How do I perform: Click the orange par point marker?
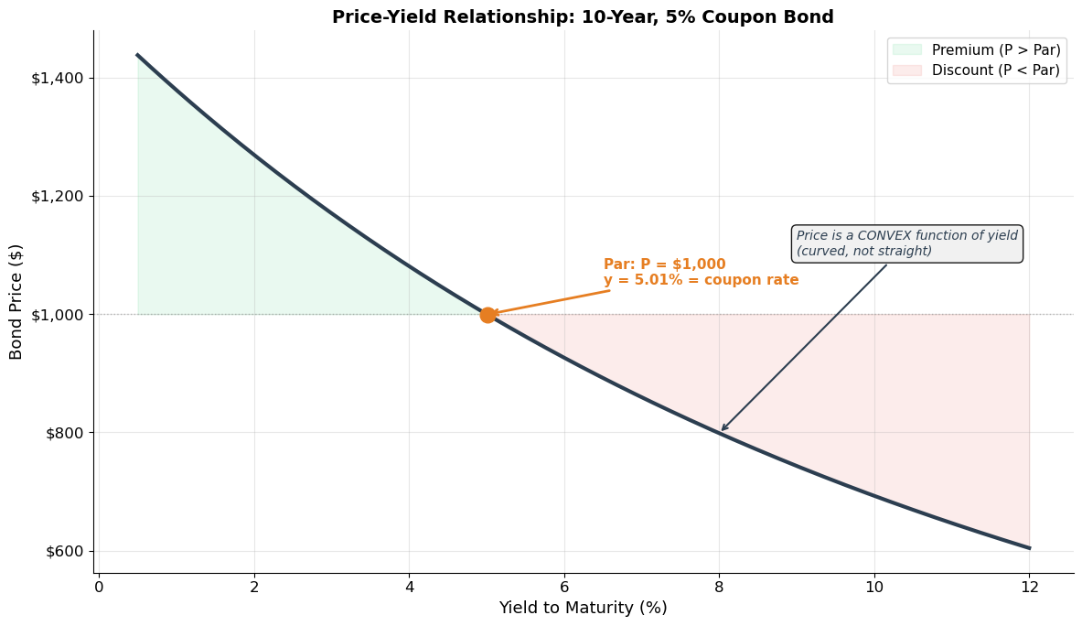pyautogui.click(x=487, y=315)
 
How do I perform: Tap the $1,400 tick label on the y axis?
pyautogui.click(x=57, y=78)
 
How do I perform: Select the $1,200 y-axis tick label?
pyautogui.click(x=57, y=196)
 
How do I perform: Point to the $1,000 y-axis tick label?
pyautogui.click(x=57, y=315)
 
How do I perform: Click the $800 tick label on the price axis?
pyautogui.click(x=63, y=433)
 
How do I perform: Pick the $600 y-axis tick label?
pyautogui.click(x=63, y=551)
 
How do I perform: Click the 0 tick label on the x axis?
pyautogui.click(x=99, y=587)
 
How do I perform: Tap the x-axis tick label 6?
pyautogui.click(x=564, y=587)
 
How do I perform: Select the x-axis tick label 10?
pyautogui.click(x=874, y=587)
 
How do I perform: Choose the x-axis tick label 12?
pyautogui.click(x=1030, y=587)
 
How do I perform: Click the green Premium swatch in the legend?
pyautogui.click(x=907, y=50)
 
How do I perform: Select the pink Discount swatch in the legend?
pyautogui.click(x=907, y=70)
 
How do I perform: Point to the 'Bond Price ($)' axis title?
pyautogui.click(x=16, y=301)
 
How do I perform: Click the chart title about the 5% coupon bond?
pyautogui.click(x=583, y=17)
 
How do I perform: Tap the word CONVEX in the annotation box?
pyautogui.click(x=884, y=236)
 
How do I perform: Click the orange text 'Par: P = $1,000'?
pyautogui.click(x=664, y=264)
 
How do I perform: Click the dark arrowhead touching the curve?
pyautogui.click(x=723, y=428)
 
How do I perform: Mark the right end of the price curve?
pyautogui.click(x=1029, y=548)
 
